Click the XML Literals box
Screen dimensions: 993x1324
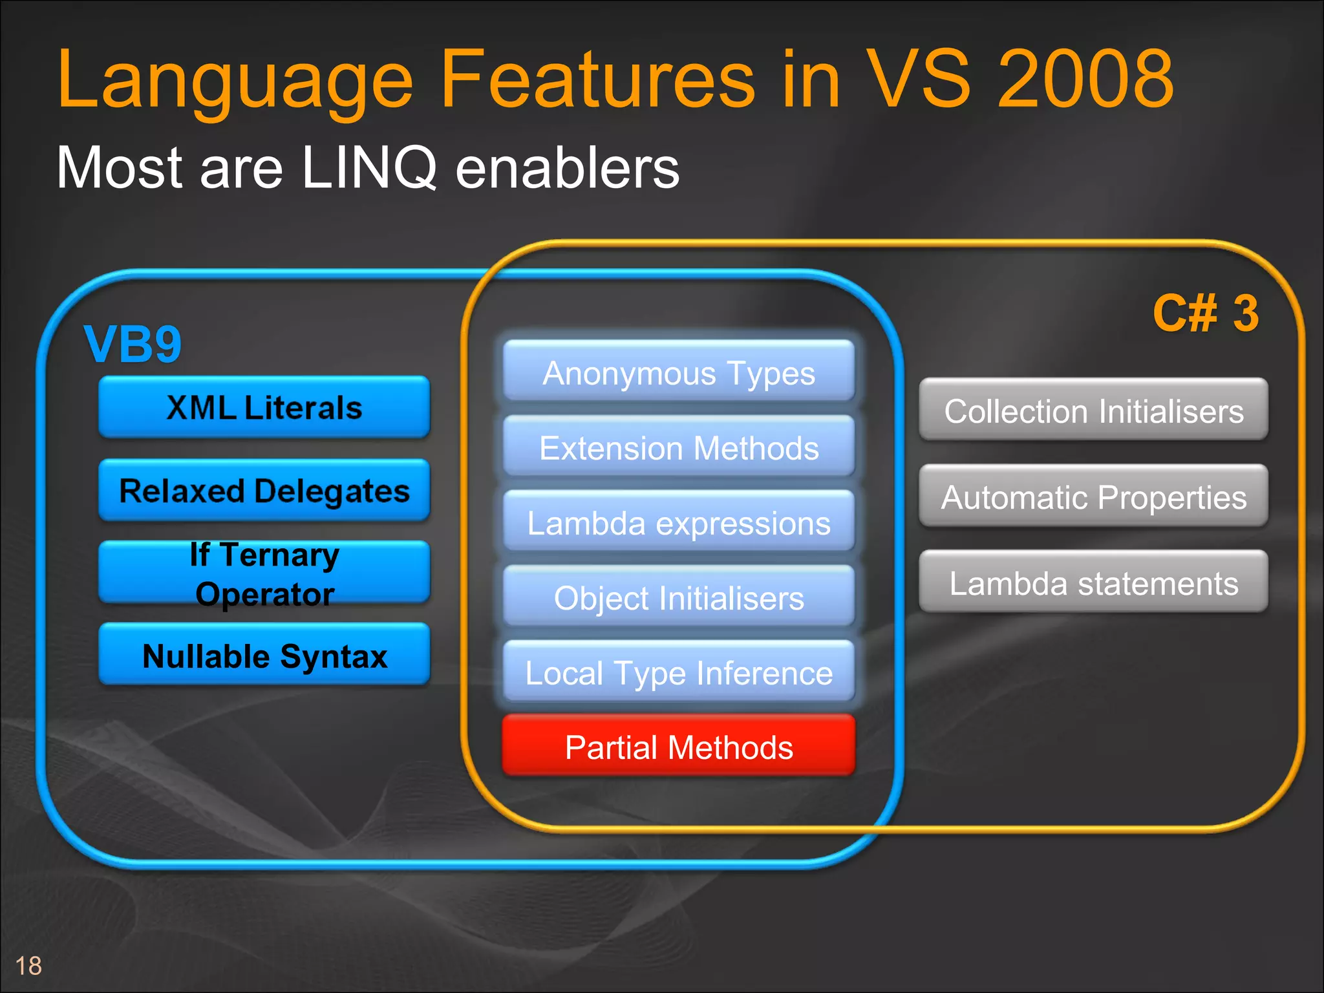(264, 407)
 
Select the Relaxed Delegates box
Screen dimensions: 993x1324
(264, 490)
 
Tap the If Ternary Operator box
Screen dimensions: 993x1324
(264, 573)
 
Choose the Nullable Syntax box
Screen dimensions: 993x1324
(264, 655)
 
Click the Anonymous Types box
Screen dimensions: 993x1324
(679, 372)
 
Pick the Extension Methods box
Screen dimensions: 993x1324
(679, 447)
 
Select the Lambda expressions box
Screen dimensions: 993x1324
(679, 522)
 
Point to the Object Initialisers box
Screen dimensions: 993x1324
(679, 597)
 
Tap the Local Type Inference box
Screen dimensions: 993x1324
(679, 672)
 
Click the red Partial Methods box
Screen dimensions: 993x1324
(679, 747)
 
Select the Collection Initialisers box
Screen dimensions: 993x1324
(1093, 411)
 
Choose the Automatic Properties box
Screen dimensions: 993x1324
(1093, 496)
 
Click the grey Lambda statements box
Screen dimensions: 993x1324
(1093, 582)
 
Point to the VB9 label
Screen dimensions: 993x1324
(133, 344)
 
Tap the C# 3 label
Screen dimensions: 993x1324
(1205, 314)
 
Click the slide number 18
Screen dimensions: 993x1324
(28, 966)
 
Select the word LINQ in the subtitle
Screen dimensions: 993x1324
(369, 167)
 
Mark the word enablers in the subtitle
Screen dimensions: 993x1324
(567, 167)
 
